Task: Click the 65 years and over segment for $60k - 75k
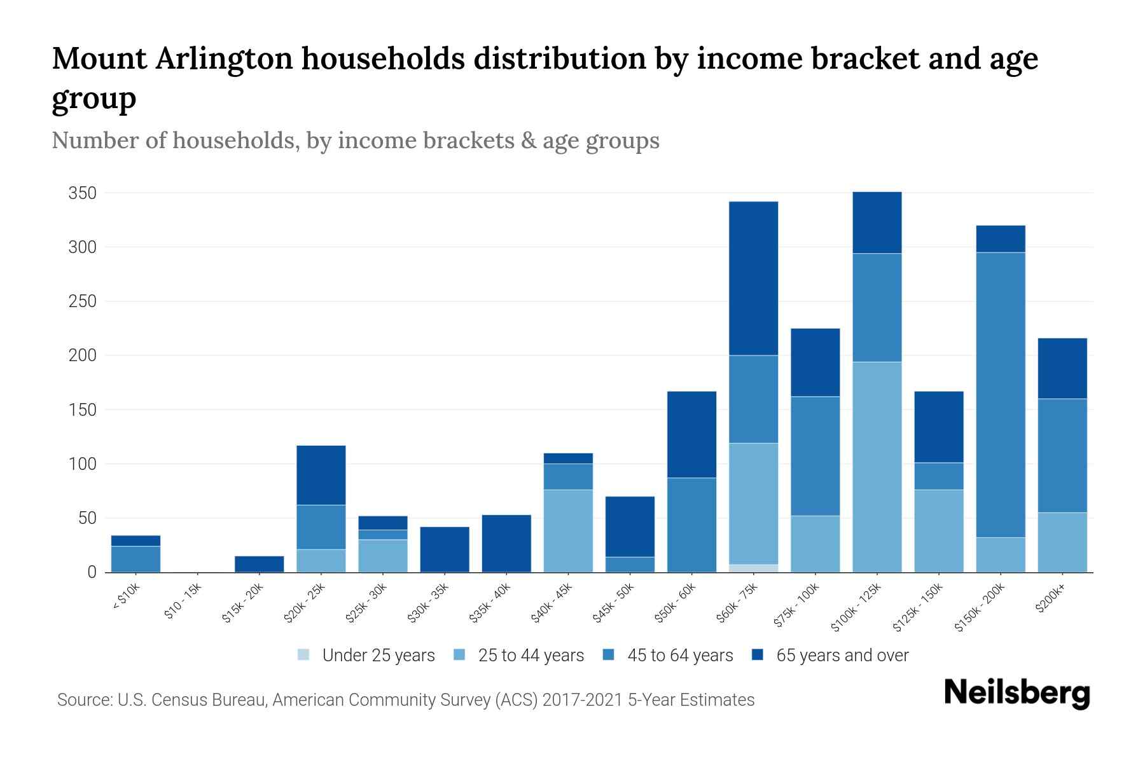click(753, 278)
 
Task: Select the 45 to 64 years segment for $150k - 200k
click(1001, 395)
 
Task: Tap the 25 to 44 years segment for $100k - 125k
click(877, 467)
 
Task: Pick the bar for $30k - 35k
click(445, 549)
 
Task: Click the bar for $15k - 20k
click(259, 564)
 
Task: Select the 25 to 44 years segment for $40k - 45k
click(568, 531)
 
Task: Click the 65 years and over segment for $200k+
click(1062, 368)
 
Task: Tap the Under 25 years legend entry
click(366, 656)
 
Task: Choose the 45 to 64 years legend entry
click(667, 656)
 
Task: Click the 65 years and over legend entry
click(830, 656)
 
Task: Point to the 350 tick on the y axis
click(82, 193)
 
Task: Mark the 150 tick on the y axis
click(82, 410)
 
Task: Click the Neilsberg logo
click(1017, 693)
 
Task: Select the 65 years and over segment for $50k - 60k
click(691, 434)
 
